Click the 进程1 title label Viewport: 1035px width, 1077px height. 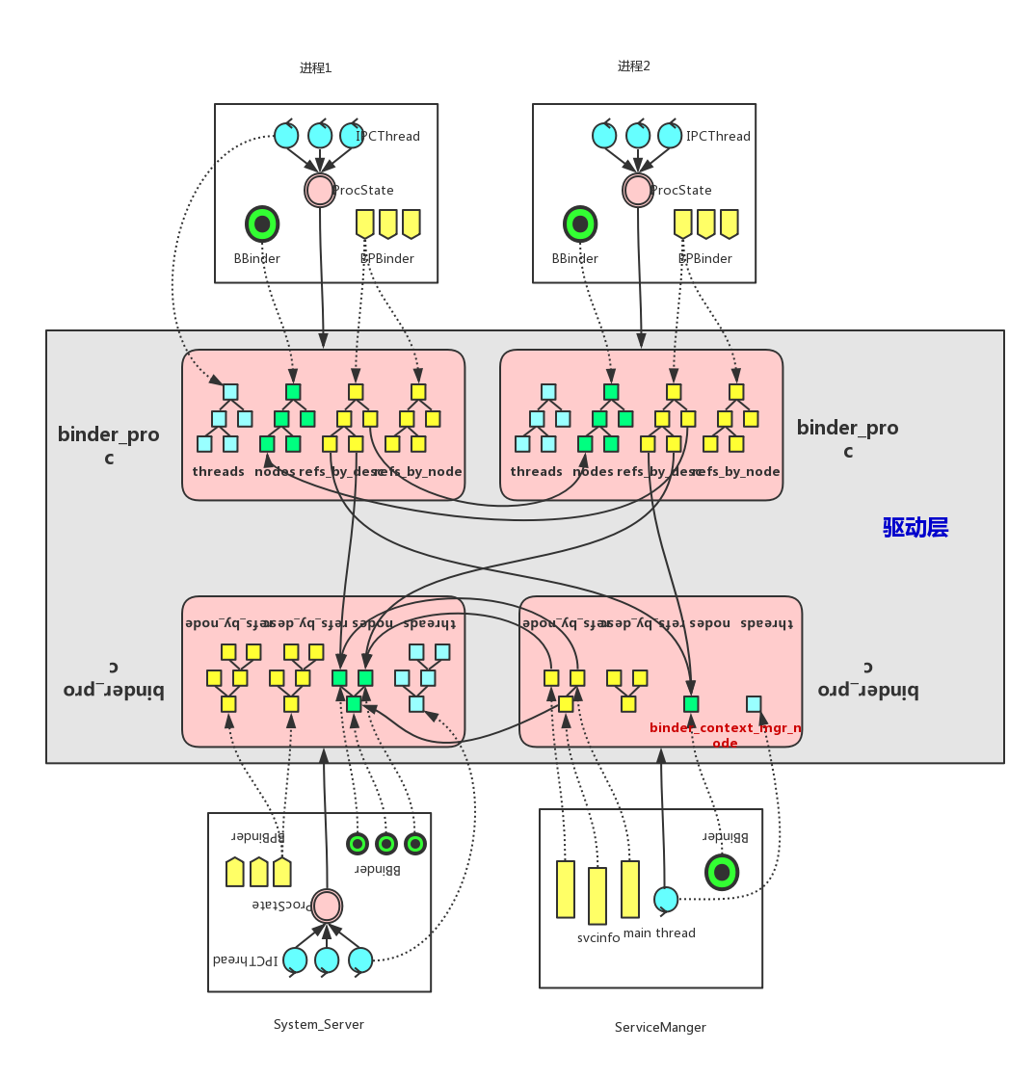tap(315, 68)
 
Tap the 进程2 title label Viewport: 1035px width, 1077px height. tap(633, 66)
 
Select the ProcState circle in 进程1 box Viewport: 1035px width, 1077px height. tap(320, 190)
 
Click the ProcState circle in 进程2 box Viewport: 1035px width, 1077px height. tap(638, 190)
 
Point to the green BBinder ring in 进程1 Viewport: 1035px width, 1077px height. tap(262, 223)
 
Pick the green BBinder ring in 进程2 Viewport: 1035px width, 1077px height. tap(580, 223)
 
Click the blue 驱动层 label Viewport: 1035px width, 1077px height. tap(916, 527)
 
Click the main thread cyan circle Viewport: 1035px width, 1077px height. tap(666, 899)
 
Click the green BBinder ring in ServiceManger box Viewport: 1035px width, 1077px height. tap(722, 872)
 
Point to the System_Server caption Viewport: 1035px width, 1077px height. tap(319, 1024)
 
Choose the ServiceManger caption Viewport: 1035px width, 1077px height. tap(660, 1027)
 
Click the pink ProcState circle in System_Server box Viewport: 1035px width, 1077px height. tap(327, 906)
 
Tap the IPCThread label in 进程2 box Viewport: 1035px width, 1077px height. tap(718, 136)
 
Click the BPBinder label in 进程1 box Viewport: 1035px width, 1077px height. tap(387, 258)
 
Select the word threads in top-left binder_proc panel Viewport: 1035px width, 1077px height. tap(219, 471)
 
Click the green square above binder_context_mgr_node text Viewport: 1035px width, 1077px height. tap(691, 703)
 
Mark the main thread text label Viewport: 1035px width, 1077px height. tap(659, 933)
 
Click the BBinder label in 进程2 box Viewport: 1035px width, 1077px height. tap(575, 258)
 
